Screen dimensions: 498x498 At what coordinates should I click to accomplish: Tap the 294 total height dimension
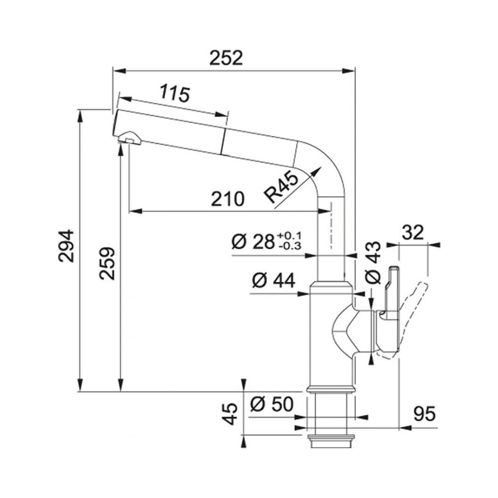click(66, 246)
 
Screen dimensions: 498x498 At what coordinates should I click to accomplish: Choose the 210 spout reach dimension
click(228, 199)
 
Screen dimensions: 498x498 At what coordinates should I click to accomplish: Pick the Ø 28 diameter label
click(253, 242)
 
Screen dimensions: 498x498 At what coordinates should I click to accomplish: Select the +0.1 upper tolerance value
click(289, 236)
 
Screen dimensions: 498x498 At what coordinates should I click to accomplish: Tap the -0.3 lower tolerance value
click(289, 246)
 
